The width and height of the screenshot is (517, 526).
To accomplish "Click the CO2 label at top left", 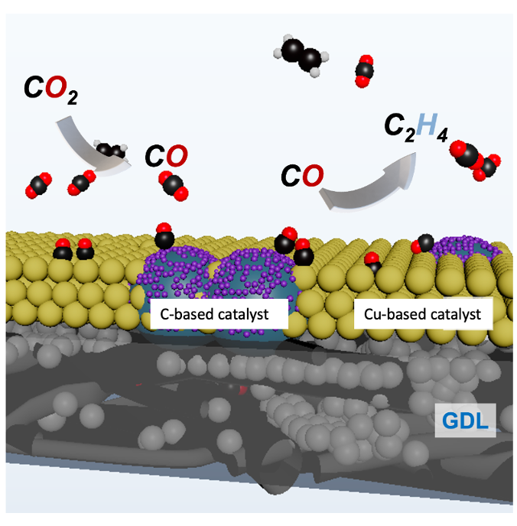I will pos(50,91).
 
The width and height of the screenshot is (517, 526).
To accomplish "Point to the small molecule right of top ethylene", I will pos(364,70).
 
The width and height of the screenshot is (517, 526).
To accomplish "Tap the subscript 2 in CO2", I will pos(71,98).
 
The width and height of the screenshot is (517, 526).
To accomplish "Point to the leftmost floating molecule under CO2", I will pos(38,186).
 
